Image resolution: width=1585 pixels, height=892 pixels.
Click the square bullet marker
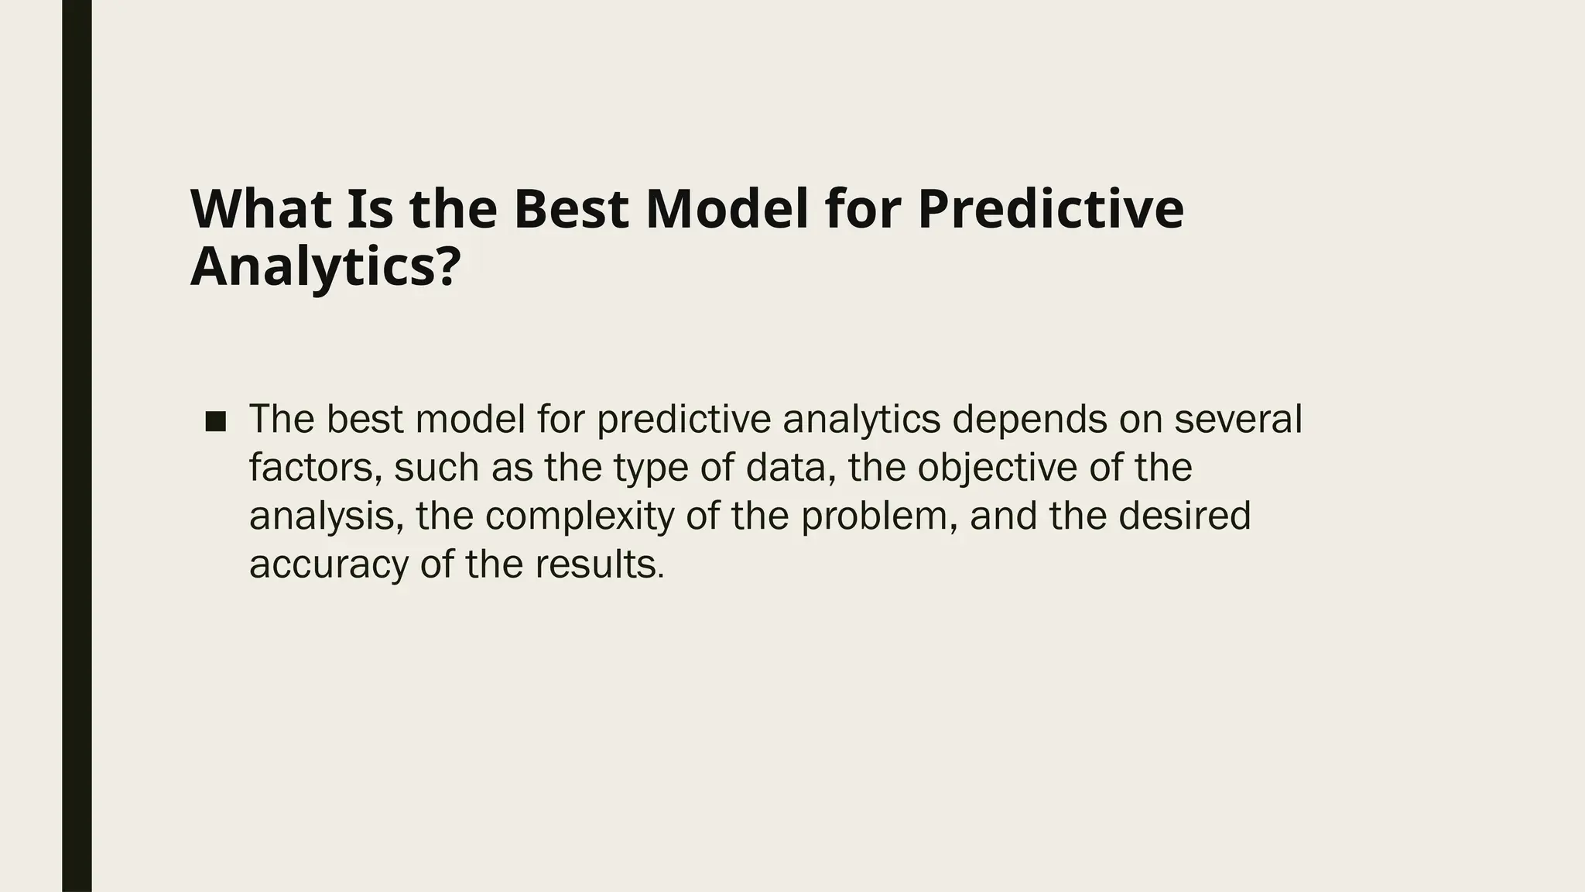216,422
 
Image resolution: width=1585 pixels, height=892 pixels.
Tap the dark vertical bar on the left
77,446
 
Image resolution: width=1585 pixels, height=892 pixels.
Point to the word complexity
580,516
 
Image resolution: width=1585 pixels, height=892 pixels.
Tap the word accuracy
328,565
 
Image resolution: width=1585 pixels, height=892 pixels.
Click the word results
599,564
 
